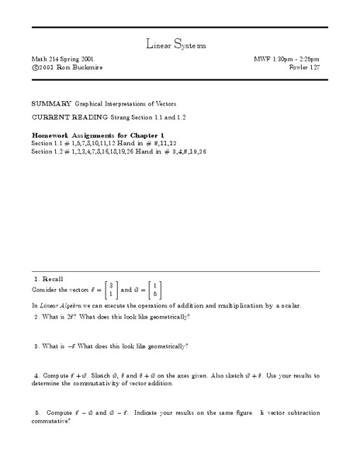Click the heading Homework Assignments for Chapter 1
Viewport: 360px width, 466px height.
(x=87, y=134)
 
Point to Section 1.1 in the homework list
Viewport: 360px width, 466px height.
(x=48, y=142)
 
